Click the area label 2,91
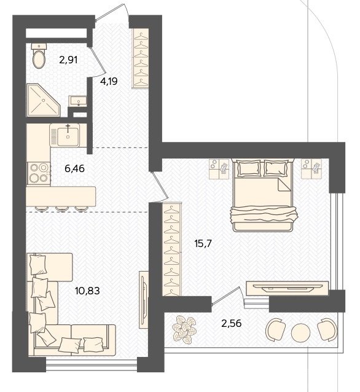coord(68,60)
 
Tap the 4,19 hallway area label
coord(109,81)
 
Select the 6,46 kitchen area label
coord(74,169)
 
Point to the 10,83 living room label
coord(87,291)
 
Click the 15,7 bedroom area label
coord(203,243)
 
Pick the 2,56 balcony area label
coord(232,324)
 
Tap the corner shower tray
coord(44,100)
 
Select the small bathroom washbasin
coord(78,101)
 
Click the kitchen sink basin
coord(68,136)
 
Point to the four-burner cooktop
coord(39,173)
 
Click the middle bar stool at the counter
coord(62,208)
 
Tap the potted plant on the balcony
coord(184,329)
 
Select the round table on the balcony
coord(300,333)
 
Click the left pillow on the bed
coord(249,168)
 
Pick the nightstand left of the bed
coord(219,169)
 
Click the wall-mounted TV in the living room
coord(143,299)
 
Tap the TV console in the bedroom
coord(287,288)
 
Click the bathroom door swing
coord(98,62)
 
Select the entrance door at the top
coord(112,13)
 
